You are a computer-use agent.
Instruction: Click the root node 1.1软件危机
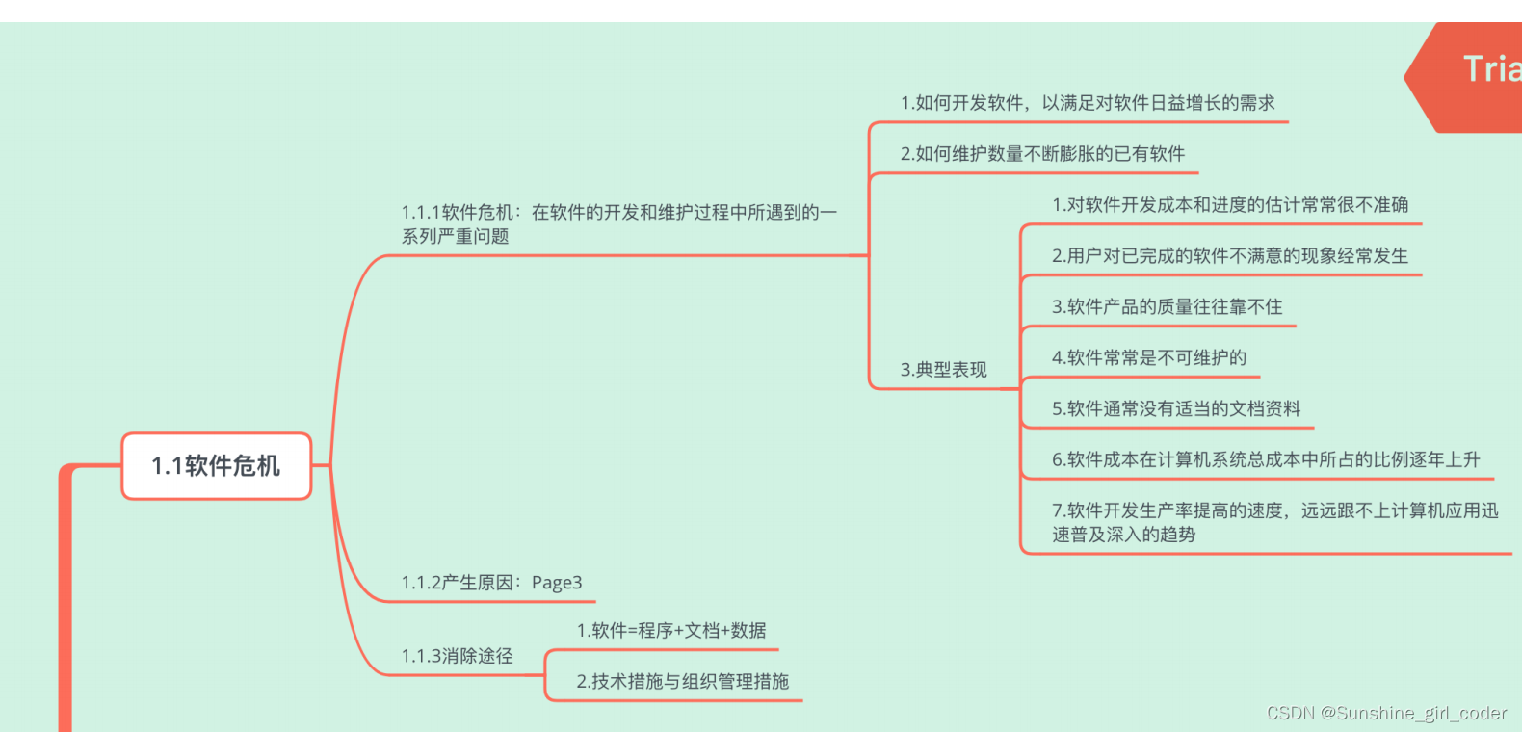point(216,466)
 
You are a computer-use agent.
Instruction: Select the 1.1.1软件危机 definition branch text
point(618,223)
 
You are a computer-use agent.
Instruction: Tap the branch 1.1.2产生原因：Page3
point(491,583)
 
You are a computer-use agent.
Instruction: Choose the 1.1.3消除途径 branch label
point(457,656)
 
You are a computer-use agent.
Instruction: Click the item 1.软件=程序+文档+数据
point(671,631)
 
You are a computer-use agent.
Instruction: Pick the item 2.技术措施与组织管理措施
point(682,682)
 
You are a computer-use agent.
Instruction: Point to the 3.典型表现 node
point(943,370)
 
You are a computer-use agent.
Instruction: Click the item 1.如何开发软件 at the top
point(1087,103)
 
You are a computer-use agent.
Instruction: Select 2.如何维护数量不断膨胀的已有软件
point(1042,154)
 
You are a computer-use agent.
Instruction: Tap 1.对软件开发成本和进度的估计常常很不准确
point(1229,205)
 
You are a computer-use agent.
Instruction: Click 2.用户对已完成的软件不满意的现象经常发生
point(1229,256)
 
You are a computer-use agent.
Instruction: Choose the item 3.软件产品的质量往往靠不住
point(1167,307)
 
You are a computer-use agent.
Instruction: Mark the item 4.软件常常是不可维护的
point(1148,358)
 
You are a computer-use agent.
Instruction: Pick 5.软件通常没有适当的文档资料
point(1175,409)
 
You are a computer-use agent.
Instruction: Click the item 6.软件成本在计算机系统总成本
point(1265,460)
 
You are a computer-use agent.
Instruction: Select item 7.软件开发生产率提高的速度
point(1273,522)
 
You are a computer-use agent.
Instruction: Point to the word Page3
point(557,583)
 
